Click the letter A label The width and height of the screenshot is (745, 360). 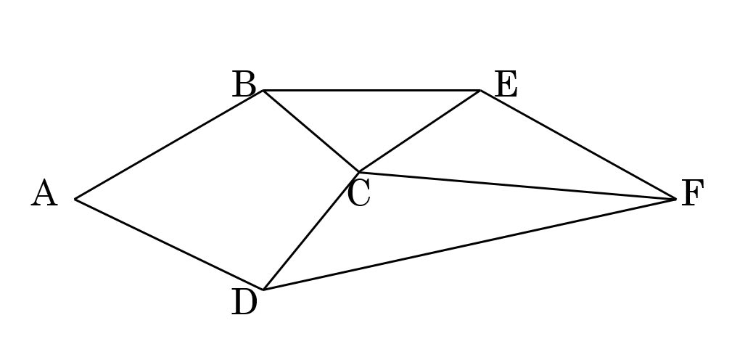pos(44,195)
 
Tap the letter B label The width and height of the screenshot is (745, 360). pos(244,85)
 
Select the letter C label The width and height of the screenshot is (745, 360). pos(358,194)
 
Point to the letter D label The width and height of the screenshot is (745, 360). pos(244,303)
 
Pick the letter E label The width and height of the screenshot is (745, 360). pos(506,85)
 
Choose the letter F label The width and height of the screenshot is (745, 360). pos(692,194)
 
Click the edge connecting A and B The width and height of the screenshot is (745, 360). pos(169,144)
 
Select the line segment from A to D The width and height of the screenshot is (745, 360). pos(169,245)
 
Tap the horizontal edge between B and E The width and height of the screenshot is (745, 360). pos(371,91)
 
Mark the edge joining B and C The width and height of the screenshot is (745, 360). pos(310,131)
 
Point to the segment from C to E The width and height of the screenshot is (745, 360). pos(419,131)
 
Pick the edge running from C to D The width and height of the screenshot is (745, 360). pos(310,231)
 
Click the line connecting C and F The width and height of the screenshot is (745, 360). pos(517,186)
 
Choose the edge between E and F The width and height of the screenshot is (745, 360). pos(578,144)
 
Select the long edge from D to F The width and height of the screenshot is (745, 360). pos(469,245)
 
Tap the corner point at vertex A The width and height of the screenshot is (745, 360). pos(75,199)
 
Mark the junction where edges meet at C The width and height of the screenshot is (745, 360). pos(358,172)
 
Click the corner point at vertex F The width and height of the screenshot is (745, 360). pos(676,199)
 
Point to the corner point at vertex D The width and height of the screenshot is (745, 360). pos(263,290)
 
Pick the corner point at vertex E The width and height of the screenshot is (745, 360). pos(480,91)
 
